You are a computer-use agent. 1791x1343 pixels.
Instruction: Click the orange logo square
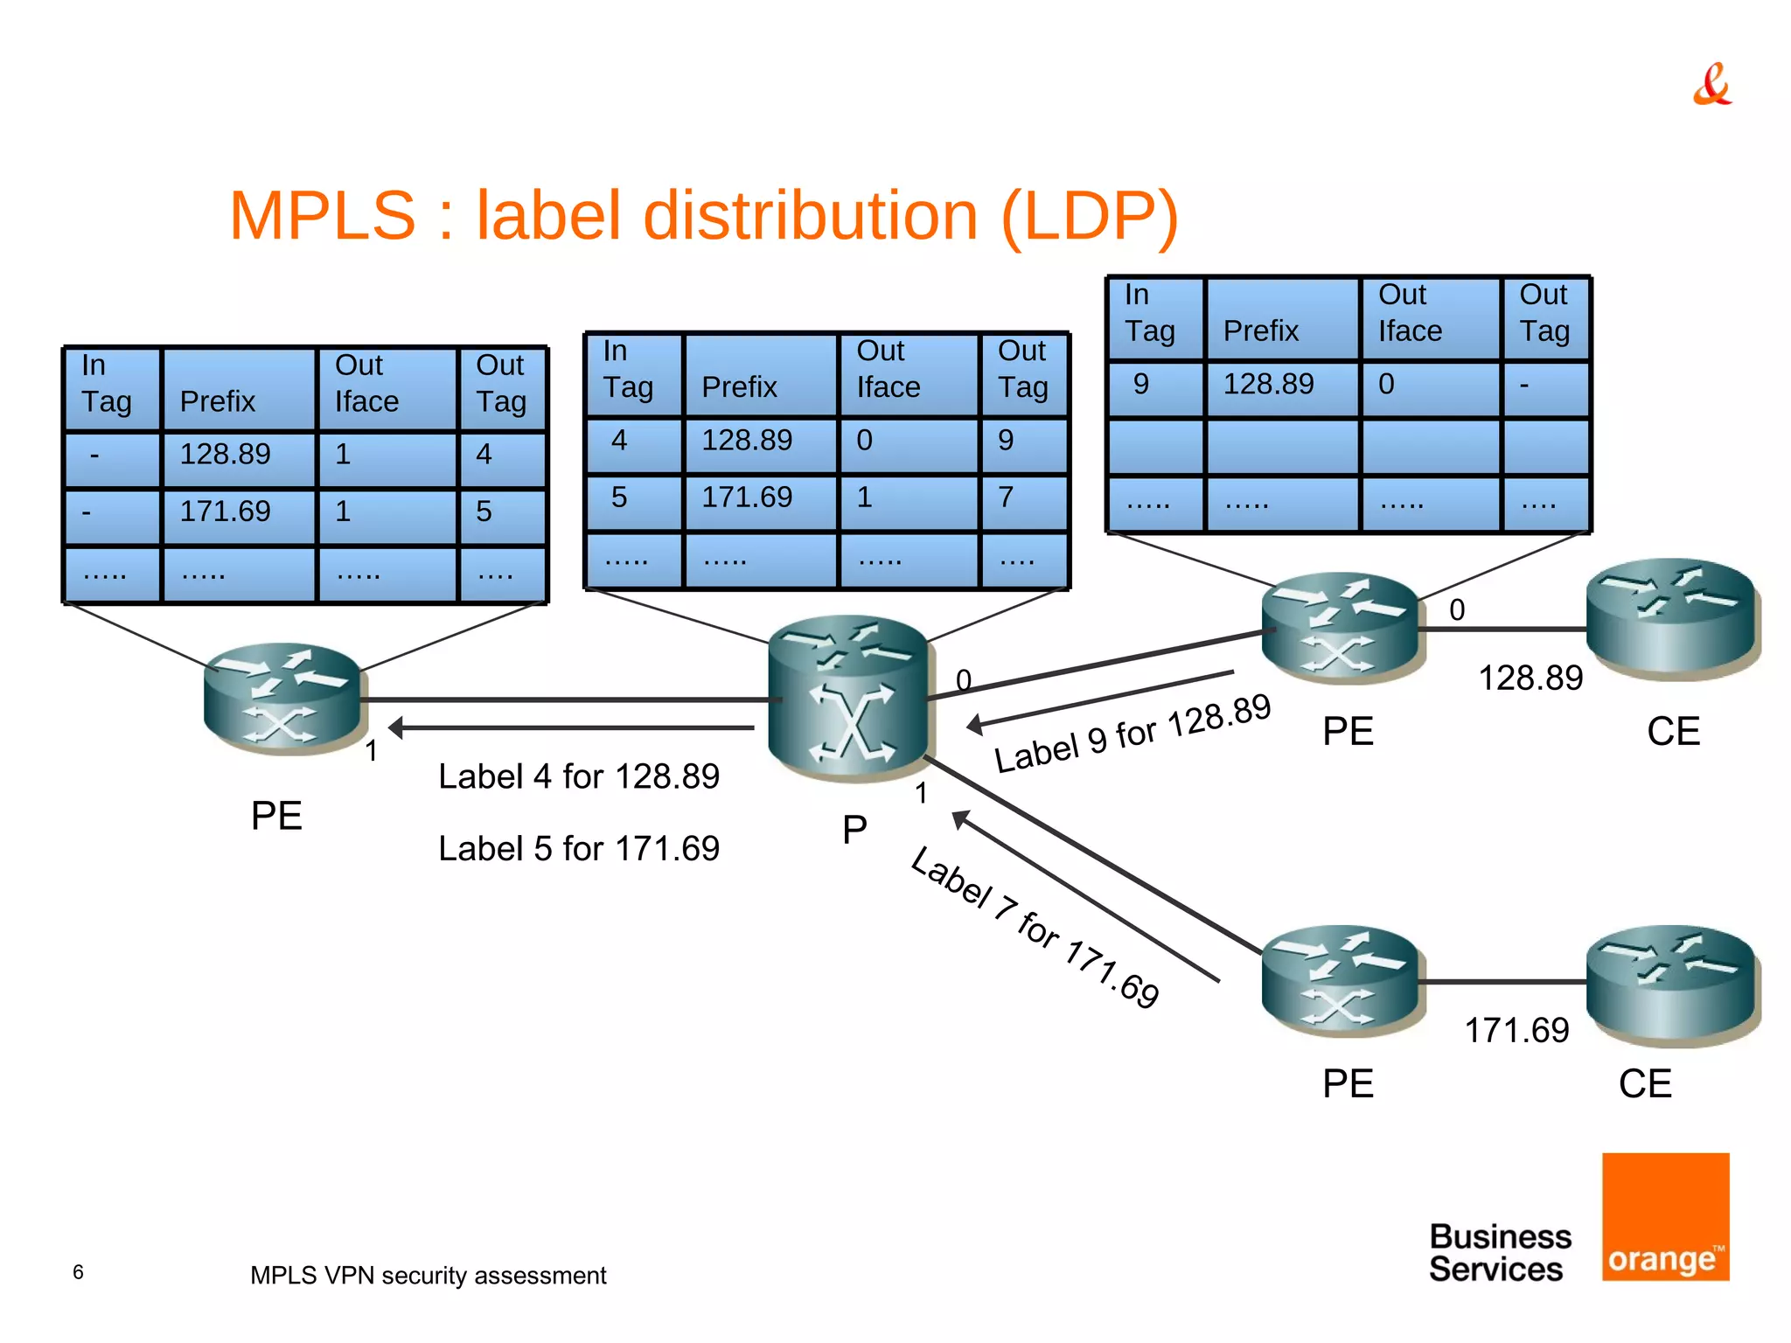coord(1665,1216)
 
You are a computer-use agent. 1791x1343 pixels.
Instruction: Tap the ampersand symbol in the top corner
coord(1711,85)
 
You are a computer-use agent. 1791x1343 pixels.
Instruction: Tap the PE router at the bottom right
coord(1341,981)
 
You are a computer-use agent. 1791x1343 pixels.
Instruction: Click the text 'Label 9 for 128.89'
coord(1132,733)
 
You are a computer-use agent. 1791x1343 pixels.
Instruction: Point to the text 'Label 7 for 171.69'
coord(1035,928)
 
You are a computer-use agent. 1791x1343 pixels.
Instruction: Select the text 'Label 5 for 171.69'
coord(578,848)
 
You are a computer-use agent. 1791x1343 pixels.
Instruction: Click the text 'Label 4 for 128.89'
coord(578,776)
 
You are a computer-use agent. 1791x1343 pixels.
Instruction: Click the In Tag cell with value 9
coord(1154,386)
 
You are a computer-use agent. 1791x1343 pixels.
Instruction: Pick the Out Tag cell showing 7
coord(1022,498)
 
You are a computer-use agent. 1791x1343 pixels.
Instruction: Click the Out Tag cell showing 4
coord(501,456)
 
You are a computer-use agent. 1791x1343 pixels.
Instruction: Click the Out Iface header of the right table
coord(1429,317)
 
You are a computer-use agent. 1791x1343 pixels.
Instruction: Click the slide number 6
coord(78,1272)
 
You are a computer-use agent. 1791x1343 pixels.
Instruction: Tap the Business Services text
coord(1499,1252)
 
